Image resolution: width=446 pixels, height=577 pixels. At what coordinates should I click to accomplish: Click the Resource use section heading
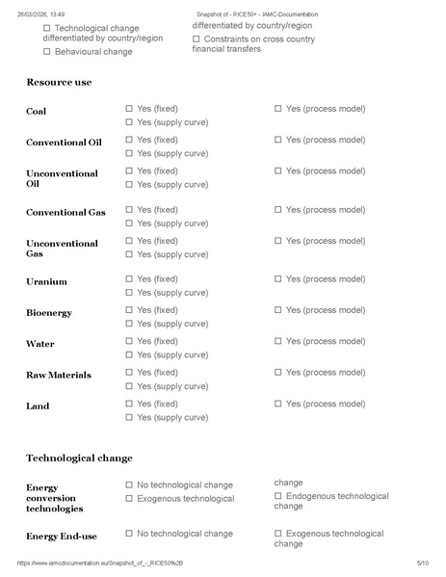point(59,83)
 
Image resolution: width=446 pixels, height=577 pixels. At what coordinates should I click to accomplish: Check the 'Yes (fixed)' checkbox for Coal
point(130,109)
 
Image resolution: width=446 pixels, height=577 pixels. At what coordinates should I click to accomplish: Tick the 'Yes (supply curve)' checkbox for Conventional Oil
point(130,153)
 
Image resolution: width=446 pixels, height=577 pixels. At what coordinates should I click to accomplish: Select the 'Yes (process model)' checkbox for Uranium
point(278,278)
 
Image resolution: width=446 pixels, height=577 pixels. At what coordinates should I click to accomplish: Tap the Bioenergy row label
point(49,313)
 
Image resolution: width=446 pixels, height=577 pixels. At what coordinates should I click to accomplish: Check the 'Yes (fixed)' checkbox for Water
point(130,341)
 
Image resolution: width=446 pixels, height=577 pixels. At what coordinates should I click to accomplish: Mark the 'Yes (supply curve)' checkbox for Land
point(130,417)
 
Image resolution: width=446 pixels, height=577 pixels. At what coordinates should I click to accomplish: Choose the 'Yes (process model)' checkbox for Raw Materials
point(278,372)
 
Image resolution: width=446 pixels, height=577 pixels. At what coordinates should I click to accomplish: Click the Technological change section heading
point(79,458)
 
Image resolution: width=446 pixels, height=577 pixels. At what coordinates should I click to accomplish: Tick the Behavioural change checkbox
point(47,51)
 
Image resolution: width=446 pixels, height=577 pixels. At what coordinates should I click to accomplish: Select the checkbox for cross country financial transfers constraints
point(197,39)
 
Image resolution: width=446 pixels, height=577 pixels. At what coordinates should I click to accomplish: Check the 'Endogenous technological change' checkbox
point(278,496)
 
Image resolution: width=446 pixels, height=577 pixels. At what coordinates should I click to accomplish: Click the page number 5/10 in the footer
point(422,562)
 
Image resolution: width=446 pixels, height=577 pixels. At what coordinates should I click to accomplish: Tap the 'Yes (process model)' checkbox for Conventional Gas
point(278,209)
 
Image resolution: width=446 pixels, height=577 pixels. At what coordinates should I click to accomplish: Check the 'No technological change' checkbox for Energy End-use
point(130,533)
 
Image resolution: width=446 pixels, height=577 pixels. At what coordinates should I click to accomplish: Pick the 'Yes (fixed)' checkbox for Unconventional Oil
point(130,170)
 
